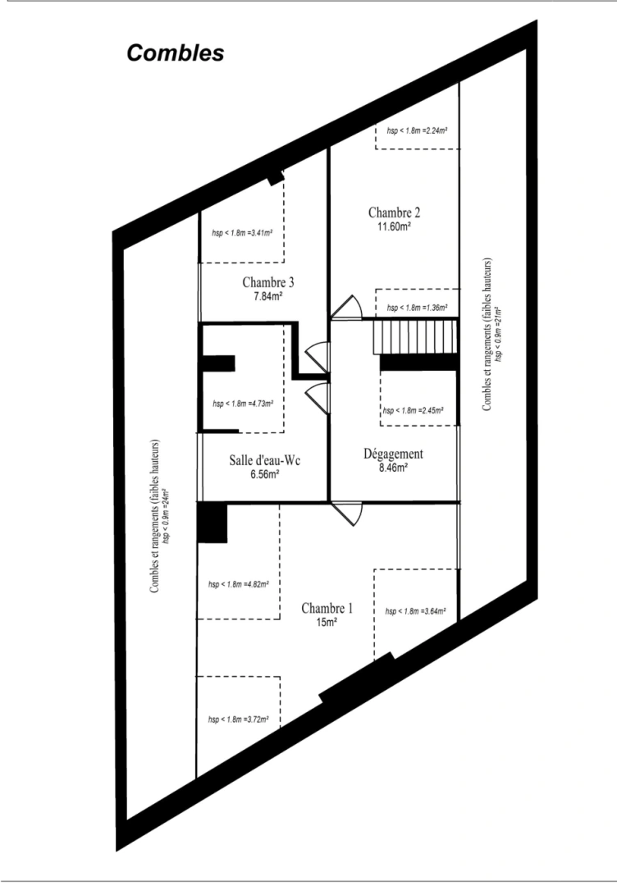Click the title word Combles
175,53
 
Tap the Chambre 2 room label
395,213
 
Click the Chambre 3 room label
268,282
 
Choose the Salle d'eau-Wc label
264,460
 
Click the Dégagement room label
393,454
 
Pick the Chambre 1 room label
327,609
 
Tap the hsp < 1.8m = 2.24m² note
417,130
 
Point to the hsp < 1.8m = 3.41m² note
242,232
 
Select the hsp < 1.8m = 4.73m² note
242,404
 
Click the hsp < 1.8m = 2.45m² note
414,410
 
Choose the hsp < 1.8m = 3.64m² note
414,611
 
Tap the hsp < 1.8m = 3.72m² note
239,719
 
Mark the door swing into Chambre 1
347,514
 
